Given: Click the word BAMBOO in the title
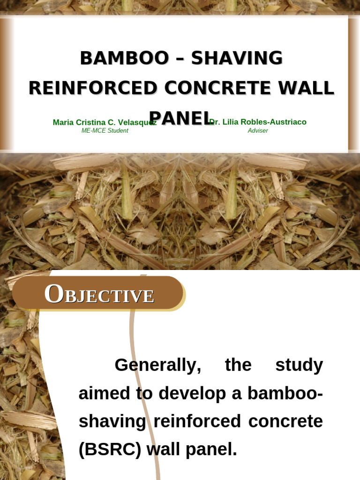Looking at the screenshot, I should [124, 59].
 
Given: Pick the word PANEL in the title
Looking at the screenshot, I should [181, 118].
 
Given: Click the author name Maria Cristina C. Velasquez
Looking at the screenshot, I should [105, 122].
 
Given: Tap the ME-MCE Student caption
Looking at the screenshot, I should [105, 131].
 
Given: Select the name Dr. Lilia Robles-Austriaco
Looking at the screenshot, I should [259, 122].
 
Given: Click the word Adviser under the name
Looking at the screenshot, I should [258, 131].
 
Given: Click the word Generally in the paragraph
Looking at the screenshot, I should [158, 365].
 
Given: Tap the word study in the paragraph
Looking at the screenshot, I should [299, 365].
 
